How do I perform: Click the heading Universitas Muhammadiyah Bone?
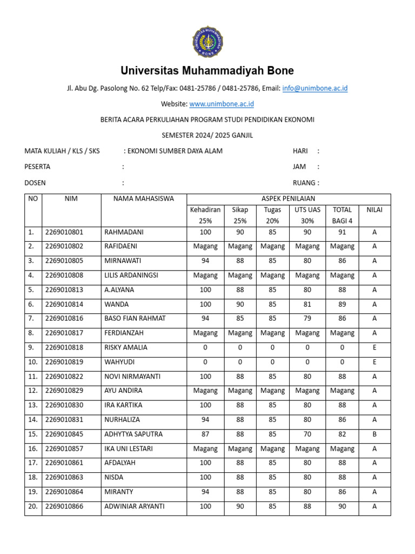point(207,71)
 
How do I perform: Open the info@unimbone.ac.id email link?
point(314,88)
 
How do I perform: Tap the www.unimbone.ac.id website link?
point(222,103)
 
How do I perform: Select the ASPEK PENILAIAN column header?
point(288,199)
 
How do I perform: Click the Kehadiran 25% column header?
point(205,215)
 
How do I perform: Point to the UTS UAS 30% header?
point(307,215)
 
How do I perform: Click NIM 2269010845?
point(64,434)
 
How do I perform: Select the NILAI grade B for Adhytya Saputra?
point(374,434)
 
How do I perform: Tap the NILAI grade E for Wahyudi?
point(374,362)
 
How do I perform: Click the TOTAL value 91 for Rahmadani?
point(342,232)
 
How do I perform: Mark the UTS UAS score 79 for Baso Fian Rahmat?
point(307,319)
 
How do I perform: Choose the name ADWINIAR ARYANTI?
point(134,507)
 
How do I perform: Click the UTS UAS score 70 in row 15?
point(307,434)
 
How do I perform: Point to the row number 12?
point(32,391)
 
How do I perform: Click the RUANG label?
point(306,183)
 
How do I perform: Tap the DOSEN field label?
point(35,183)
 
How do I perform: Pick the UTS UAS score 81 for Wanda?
point(307,305)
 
